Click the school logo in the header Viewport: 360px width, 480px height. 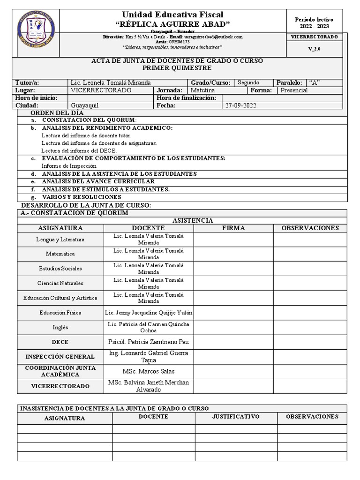click(37, 30)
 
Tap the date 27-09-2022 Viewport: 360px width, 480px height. click(241, 106)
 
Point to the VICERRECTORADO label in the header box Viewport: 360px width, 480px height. click(314, 37)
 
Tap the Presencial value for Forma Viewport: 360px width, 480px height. click(294, 90)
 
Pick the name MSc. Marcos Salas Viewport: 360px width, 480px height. click(148, 372)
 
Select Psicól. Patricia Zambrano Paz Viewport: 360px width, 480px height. click(148, 342)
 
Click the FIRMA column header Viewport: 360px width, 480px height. click(233, 228)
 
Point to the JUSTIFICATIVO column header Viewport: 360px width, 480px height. click(236, 417)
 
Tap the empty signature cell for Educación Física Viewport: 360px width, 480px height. click(233, 313)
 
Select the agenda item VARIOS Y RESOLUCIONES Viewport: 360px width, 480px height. click(82, 197)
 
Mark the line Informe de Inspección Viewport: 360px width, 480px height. click(69, 166)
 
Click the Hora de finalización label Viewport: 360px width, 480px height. click(186, 98)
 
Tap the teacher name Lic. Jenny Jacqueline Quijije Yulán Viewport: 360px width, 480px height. click(148, 313)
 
